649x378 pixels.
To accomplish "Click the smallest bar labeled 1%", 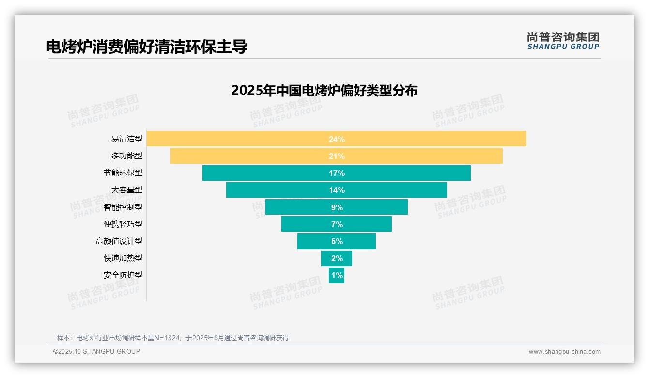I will click(x=337, y=275).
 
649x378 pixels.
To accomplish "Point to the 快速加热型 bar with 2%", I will click(x=337, y=258).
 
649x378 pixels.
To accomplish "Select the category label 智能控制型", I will click(x=123, y=207).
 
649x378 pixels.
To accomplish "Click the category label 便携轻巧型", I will click(x=123, y=224).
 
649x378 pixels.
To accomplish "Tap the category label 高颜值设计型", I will click(x=119, y=241).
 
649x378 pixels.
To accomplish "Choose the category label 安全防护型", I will click(x=123, y=275).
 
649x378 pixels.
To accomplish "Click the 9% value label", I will click(x=337, y=207).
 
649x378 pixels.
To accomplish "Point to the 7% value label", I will click(x=337, y=224).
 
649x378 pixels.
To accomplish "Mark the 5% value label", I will click(x=337, y=241).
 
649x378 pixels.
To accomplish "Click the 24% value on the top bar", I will click(x=337, y=139).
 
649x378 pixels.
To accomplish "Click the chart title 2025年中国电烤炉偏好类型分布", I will click(x=324, y=91).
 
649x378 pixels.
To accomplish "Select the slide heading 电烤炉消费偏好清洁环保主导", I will click(x=147, y=47).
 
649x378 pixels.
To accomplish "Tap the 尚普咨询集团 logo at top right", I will click(x=563, y=41).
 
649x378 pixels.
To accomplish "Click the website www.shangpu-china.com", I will click(x=564, y=352).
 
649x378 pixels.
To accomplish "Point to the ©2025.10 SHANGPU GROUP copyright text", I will click(x=97, y=351).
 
